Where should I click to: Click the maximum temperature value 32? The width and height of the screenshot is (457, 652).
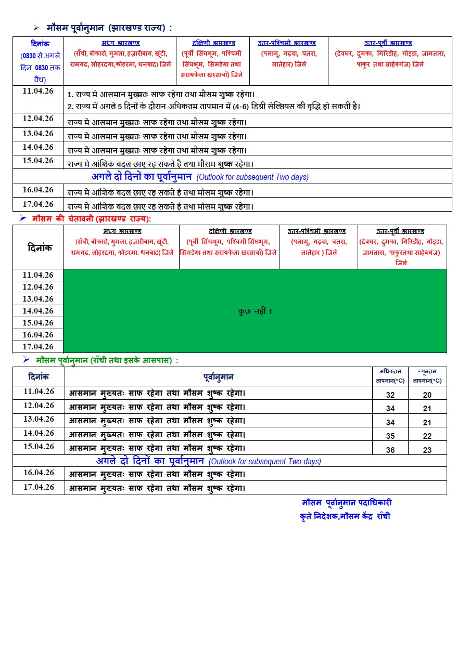point(390,395)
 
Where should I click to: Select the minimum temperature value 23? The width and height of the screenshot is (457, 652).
point(427,450)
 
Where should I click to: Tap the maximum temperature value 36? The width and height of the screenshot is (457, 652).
point(390,450)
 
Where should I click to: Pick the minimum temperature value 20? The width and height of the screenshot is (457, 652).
point(427,395)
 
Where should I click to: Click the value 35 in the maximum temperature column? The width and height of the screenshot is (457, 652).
point(390,436)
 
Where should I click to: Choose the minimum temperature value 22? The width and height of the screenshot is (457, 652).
point(427,436)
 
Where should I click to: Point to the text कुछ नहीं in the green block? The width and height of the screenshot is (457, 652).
point(255,311)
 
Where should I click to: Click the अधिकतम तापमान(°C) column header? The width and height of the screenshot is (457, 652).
point(390,376)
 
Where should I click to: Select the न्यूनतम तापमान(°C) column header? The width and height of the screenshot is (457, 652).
point(427,376)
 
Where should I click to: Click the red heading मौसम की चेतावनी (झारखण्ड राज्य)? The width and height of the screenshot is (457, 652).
point(91,219)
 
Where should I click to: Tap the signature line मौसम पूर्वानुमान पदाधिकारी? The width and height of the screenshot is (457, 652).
point(347,503)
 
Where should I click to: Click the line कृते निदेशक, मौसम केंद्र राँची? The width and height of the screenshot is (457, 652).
point(345,516)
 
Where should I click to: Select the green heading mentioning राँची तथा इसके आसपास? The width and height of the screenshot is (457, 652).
point(107,360)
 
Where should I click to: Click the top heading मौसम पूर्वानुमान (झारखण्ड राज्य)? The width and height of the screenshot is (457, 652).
point(109,28)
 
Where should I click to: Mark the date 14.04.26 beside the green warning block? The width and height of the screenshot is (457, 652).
point(38,311)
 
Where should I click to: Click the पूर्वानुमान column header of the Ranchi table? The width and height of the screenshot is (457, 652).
point(218,377)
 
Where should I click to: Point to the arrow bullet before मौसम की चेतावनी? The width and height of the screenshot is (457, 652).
point(22,219)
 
